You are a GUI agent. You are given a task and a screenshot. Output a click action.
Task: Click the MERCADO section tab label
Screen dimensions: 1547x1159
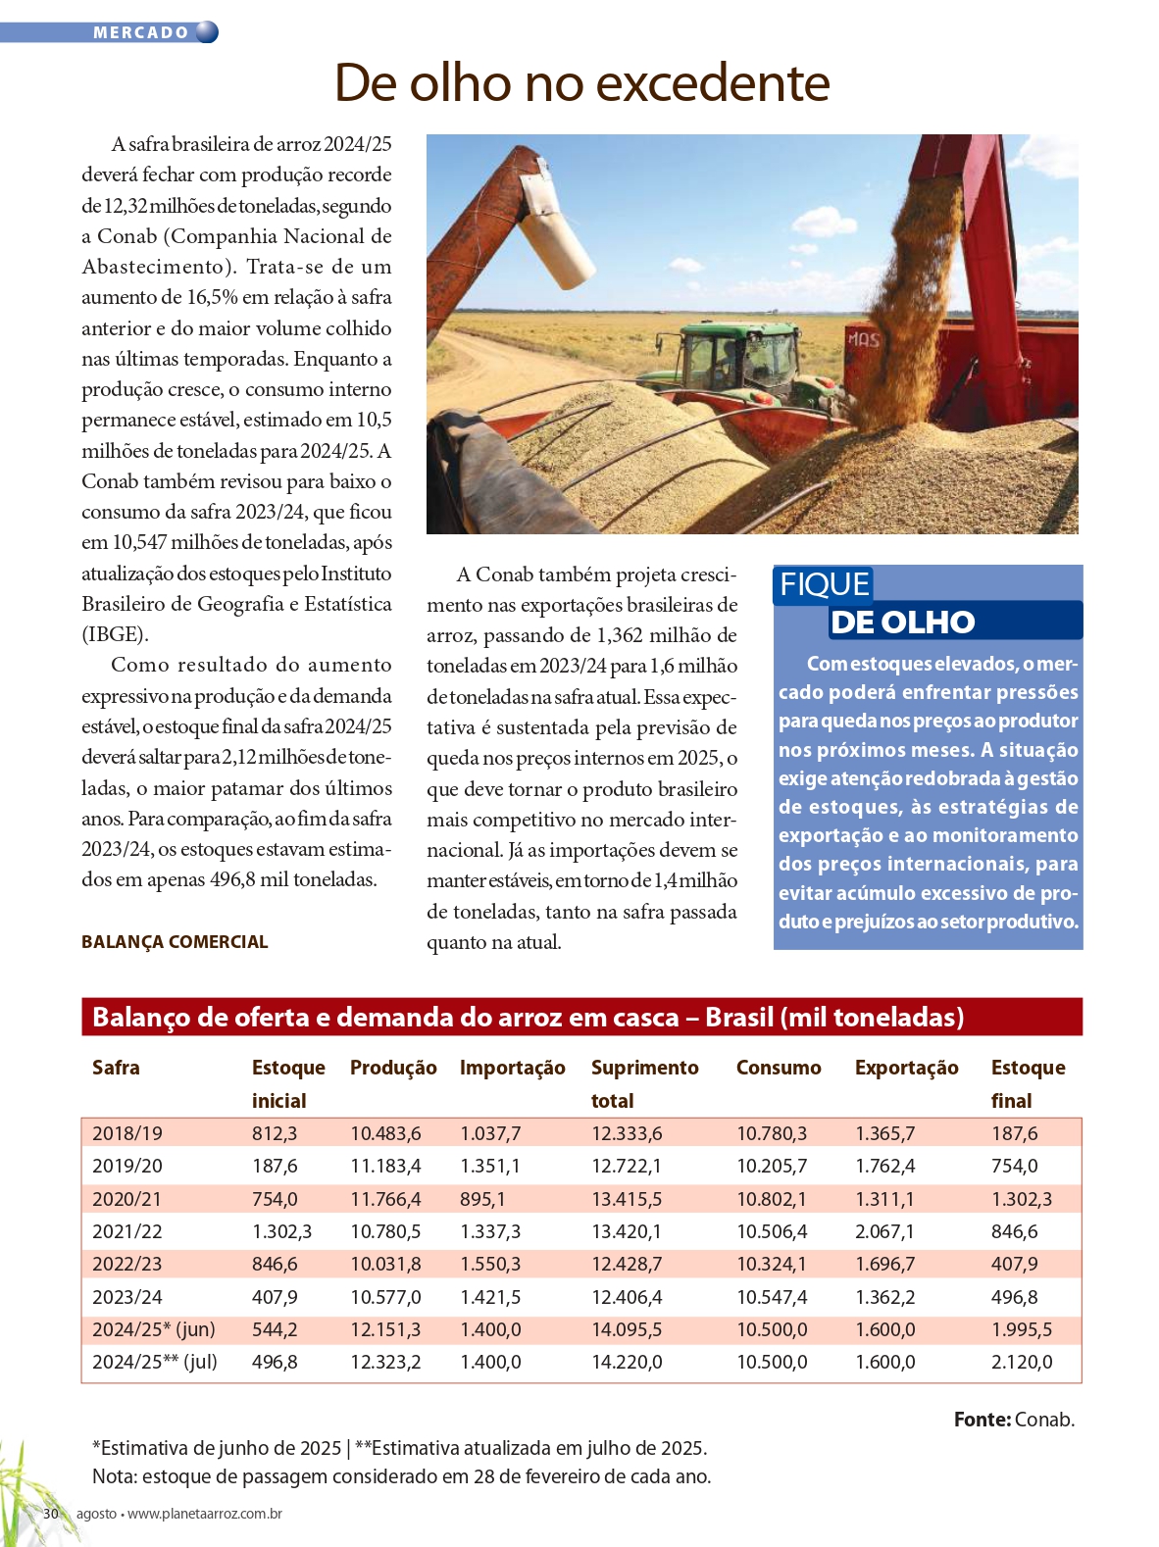[x=140, y=32]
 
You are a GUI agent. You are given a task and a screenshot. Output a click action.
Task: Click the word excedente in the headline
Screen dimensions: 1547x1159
[x=713, y=83]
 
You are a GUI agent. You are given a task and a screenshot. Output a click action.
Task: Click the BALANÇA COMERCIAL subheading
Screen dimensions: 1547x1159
[x=175, y=942]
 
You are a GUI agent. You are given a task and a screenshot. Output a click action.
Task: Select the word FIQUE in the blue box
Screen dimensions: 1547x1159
[x=824, y=584]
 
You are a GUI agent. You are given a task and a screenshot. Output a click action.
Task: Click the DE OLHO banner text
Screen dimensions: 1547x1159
[x=902, y=623]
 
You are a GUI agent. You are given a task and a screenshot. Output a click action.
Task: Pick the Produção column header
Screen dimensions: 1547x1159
[x=393, y=1068]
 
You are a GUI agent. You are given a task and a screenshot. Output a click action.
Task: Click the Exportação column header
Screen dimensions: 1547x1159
[x=906, y=1068]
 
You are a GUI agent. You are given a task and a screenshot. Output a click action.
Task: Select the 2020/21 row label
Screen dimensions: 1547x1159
[x=126, y=1199]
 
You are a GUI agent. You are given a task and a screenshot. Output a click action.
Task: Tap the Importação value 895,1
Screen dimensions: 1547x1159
[x=482, y=1199]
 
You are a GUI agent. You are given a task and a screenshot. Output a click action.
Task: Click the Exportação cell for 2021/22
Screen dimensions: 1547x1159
[x=884, y=1231]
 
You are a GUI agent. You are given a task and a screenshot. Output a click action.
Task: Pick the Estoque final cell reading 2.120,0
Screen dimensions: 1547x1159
[x=1022, y=1362]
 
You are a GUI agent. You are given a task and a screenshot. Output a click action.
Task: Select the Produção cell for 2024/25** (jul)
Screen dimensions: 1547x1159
[x=385, y=1362]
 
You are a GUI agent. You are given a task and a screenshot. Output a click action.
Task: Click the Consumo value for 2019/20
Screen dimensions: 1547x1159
[x=772, y=1166]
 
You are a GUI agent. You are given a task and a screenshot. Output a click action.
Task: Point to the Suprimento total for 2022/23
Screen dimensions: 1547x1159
[x=627, y=1264]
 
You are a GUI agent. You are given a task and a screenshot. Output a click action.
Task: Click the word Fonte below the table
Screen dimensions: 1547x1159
[x=982, y=1420]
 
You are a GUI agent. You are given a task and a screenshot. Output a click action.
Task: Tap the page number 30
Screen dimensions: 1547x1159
[x=51, y=1514]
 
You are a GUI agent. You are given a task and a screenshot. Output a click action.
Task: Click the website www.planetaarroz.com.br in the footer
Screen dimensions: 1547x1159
[x=205, y=1514]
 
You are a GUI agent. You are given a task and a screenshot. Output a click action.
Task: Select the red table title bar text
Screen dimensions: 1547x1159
[x=528, y=1018]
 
